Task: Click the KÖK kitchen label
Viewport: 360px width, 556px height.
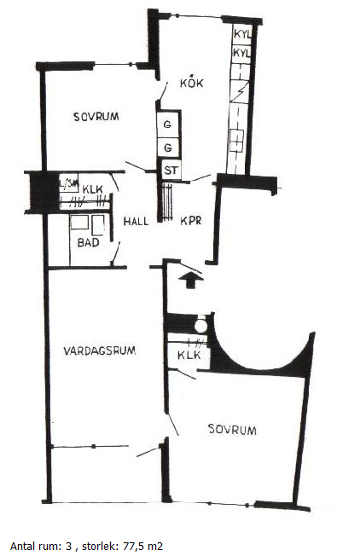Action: coord(191,83)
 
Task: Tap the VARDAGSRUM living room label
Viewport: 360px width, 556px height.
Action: coord(100,350)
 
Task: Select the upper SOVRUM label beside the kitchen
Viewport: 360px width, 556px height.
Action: coord(96,117)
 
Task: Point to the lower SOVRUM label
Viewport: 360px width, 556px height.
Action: coord(232,430)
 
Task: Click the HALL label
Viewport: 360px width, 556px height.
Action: coord(136,221)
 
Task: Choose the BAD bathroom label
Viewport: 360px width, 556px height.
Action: coord(89,242)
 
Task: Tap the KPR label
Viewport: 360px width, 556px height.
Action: coord(191,221)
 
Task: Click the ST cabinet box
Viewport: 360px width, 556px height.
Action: coord(171,171)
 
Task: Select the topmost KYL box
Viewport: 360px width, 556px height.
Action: coord(241,34)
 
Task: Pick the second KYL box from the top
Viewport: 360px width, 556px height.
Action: coord(241,53)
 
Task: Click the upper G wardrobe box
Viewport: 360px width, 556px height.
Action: coord(168,125)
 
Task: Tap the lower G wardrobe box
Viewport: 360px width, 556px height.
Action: coord(168,148)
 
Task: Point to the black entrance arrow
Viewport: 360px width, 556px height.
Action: coord(191,280)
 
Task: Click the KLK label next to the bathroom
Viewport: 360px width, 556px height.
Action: coord(93,189)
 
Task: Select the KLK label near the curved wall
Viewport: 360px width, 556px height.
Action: coord(189,355)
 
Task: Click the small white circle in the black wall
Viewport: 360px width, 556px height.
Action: coord(200,327)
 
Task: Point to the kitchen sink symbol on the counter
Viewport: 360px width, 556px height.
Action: coord(236,141)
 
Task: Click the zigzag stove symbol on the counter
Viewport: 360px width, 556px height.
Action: coord(240,92)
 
